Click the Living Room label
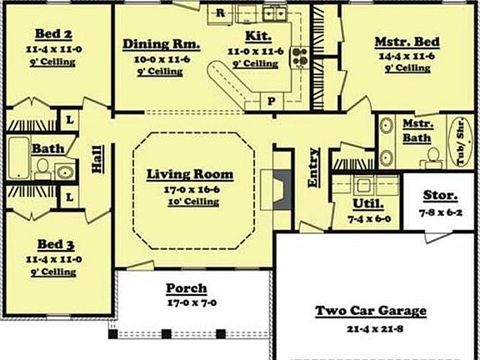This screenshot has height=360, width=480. [x=189, y=175]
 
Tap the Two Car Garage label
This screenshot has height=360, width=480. [x=370, y=311]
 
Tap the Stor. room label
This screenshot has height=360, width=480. [x=440, y=197]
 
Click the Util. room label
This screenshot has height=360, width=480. [x=367, y=203]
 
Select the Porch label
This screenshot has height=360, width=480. [x=187, y=288]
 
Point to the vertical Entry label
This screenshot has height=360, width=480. [x=314, y=167]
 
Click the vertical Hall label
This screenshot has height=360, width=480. [x=97, y=157]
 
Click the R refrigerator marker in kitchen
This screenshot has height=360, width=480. [x=221, y=12]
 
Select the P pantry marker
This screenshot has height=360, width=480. [x=271, y=101]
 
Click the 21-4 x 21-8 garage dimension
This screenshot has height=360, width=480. [x=370, y=329]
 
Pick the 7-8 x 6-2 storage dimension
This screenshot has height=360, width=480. [x=440, y=213]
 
